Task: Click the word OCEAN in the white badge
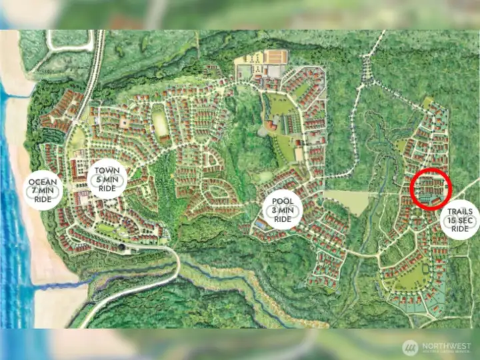44,182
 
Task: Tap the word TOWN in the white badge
107,171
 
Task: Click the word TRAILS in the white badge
460,211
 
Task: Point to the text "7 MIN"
44,191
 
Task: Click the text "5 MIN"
107,179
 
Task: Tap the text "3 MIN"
283,211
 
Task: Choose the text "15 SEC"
460,220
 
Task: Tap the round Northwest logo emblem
410,347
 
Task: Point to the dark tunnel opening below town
122,247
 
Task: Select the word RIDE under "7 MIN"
44,199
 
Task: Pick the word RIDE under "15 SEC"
460,229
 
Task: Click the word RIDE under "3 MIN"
283,219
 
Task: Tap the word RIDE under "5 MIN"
107,188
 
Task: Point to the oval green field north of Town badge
159,123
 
